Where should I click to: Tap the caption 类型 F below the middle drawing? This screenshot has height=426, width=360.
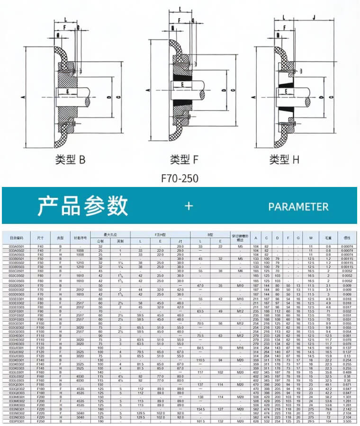(183, 160)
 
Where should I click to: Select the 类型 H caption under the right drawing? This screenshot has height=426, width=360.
(284, 160)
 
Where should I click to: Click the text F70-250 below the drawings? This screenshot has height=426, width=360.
(180, 179)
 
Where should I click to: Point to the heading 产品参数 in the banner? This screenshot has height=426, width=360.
(83, 206)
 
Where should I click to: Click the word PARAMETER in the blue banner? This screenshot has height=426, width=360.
(298, 207)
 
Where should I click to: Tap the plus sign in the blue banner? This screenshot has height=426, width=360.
(189, 206)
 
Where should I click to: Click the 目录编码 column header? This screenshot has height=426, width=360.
(16, 238)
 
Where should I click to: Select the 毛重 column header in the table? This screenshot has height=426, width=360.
(328, 238)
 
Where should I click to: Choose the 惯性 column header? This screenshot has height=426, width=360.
(347, 238)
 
